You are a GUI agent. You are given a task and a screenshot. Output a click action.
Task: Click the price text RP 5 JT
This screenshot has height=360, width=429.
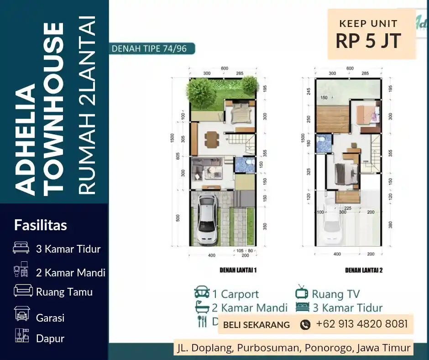click(368, 41)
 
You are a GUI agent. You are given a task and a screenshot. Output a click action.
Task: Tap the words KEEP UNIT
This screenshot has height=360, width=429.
click(368, 23)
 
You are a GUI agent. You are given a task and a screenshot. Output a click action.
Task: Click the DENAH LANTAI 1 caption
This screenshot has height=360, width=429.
click(238, 270)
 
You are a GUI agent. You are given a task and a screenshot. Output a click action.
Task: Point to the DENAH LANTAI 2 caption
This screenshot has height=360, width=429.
click(364, 270)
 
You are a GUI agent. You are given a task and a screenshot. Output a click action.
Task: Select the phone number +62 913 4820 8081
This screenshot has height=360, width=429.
click(361, 324)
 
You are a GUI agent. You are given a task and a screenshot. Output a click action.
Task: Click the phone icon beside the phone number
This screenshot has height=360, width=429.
click(305, 325)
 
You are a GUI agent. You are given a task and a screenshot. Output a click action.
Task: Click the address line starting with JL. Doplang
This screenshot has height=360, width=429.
click(293, 348)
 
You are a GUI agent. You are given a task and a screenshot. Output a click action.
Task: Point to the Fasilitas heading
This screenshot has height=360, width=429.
click(41, 225)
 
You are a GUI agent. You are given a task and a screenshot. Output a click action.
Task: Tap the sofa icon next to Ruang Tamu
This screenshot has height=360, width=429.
click(23, 291)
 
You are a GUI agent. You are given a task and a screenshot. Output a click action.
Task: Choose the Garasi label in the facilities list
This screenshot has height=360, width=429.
click(50, 318)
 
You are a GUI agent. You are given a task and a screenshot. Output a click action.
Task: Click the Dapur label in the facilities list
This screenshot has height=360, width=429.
click(50, 339)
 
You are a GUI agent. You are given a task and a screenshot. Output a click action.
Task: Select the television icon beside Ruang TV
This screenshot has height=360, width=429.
click(302, 292)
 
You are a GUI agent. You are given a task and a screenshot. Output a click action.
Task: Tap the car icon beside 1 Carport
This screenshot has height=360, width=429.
click(202, 293)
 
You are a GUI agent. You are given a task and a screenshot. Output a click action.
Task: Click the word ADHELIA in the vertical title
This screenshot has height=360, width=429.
click(26, 139)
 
